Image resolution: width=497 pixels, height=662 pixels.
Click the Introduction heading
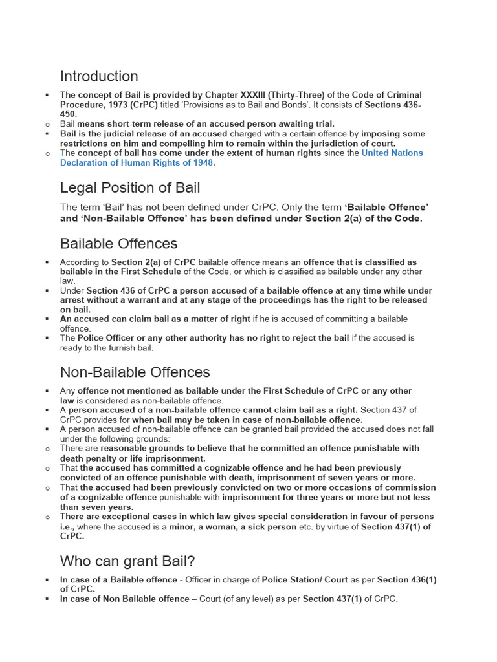(x=99, y=76)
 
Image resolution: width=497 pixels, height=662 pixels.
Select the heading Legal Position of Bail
(x=130, y=188)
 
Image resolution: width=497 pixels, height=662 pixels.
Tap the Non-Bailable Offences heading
(x=135, y=372)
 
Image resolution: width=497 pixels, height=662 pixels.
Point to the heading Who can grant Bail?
(x=127, y=560)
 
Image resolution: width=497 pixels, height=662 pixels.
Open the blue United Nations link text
(x=392, y=153)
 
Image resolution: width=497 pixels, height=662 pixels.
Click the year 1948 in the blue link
(x=201, y=162)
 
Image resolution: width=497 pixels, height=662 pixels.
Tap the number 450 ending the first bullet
(x=69, y=114)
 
